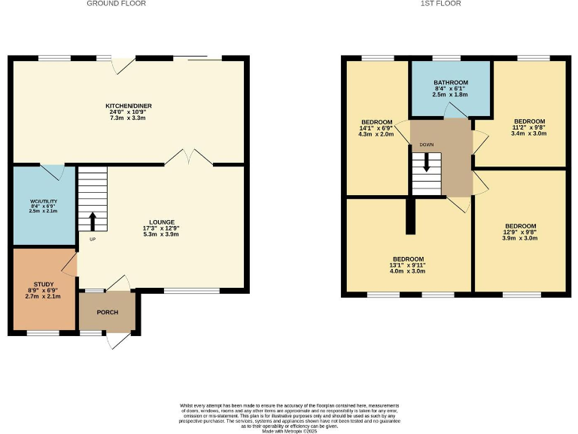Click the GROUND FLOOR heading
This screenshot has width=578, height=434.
click(x=116, y=4)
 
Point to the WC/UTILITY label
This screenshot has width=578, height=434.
click(x=43, y=202)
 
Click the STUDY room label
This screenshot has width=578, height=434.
click(x=42, y=284)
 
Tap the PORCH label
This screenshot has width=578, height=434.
click(x=107, y=312)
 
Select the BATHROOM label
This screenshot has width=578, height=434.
click(x=451, y=82)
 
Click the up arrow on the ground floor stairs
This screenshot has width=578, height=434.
click(x=93, y=220)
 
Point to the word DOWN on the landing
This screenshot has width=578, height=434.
click(x=426, y=144)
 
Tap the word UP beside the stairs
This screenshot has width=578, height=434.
click(x=93, y=240)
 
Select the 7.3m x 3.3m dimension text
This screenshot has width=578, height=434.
click(x=126, y=118)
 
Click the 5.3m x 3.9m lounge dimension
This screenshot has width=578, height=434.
click(x=162, y=234)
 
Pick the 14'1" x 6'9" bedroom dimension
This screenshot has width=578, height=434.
click(x=376, y=128)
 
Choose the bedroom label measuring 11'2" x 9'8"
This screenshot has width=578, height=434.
click(x=528, y=121)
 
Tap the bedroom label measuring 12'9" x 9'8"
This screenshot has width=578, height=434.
click(x=520, y=226)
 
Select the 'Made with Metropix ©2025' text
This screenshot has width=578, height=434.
click(x=288, y=429)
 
